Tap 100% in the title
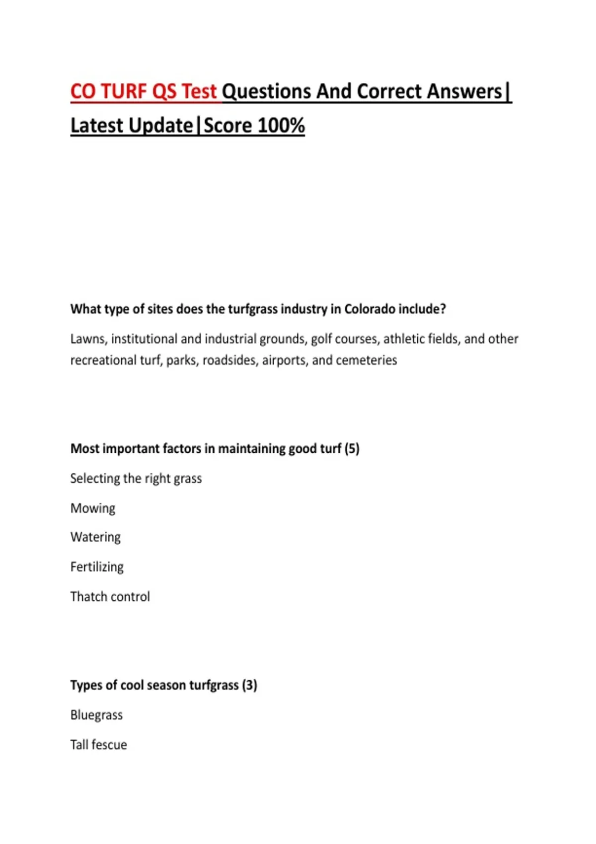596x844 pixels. pyautogui.click(x=281, y=126)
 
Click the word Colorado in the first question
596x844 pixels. pyautogui.click(x=370, y=309)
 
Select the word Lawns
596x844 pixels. pyautogui.click(x=88, y=339)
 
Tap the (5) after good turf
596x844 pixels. pyautogui.click(x=352, y=449)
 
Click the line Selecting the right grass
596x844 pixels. pyautogui.click(x=136, y=479)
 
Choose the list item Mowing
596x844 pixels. pyautogui.click(x=93, y=508)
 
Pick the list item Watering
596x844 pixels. pyautogui.click(x=95, y=537)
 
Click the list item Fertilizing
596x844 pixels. pyautogui.click(x=97, y=567)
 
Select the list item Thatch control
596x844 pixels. pyautogui.click(x=110, y=597)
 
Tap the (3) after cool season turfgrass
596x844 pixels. pyautogui.click(x=249, y=685)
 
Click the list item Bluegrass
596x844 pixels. pyautogui.click(x=96, y=715)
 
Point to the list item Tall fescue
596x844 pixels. pyautogui.click(x=98, y=745)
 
